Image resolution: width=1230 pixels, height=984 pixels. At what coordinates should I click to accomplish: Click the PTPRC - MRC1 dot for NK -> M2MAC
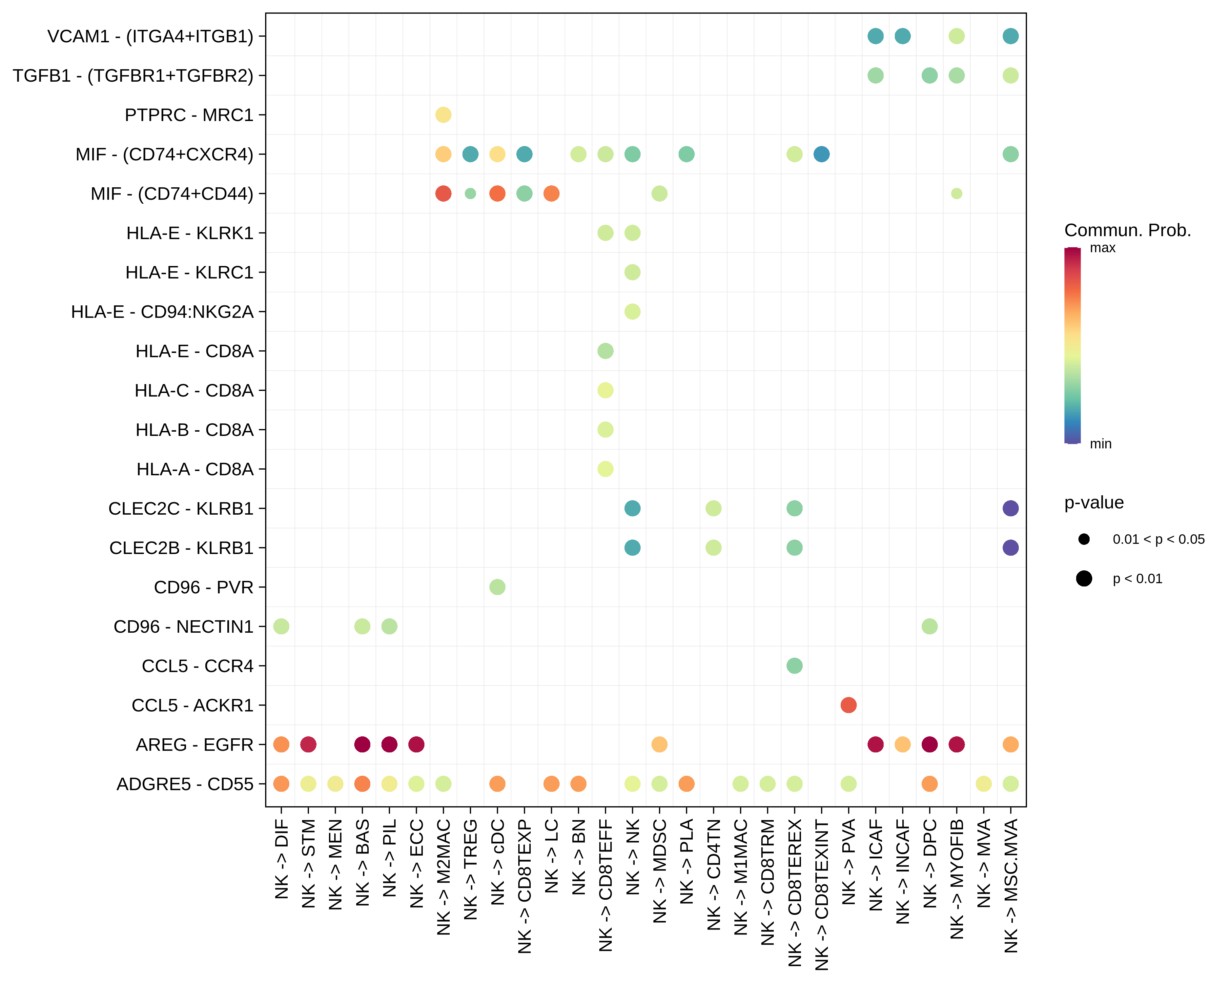(x=443, y=115)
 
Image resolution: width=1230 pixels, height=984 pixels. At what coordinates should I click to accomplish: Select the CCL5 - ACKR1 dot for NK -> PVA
(x=848, y=705)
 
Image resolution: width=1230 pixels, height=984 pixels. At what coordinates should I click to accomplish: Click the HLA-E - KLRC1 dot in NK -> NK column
(x=632, y=272)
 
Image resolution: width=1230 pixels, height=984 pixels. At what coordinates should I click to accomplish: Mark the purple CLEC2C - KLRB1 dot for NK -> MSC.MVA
(x=1010, y=508)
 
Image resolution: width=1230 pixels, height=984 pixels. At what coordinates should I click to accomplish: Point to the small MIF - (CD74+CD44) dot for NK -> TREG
(x=470, y=194)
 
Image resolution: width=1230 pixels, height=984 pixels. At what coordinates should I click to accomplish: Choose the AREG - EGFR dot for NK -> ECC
(x=417, y=745)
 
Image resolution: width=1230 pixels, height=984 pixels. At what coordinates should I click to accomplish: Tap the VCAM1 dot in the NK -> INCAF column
(x=903, y=36)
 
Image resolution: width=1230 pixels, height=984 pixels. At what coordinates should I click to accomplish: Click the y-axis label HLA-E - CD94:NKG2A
(x=162, y=312)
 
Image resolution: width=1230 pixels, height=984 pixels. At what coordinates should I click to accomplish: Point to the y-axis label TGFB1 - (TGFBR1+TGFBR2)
(x=133, y=75)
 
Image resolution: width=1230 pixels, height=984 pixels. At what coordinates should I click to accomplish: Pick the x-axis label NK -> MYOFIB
(x=957, y=878)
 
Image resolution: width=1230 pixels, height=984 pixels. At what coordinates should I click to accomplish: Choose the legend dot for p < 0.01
(x=1084, y=578)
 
